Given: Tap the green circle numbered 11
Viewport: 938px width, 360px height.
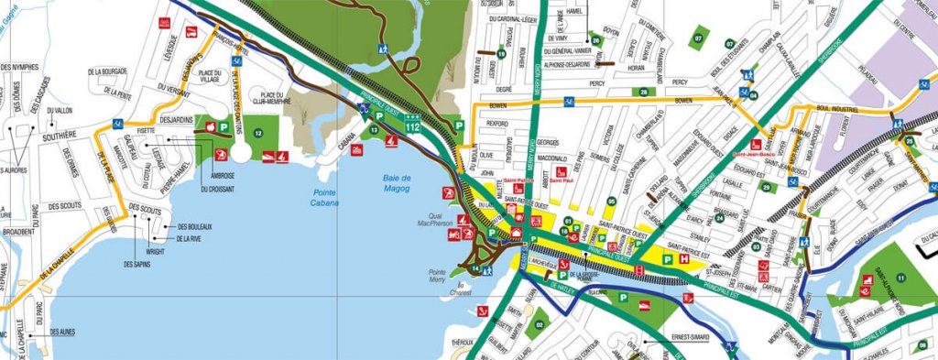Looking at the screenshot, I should tap(900, 278).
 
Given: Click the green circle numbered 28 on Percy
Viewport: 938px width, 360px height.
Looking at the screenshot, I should tap(644, 92).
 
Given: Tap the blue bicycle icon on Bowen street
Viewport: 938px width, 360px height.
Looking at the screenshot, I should tap(568, 100).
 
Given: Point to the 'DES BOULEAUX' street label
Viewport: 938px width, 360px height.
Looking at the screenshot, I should tap(194, 226).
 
